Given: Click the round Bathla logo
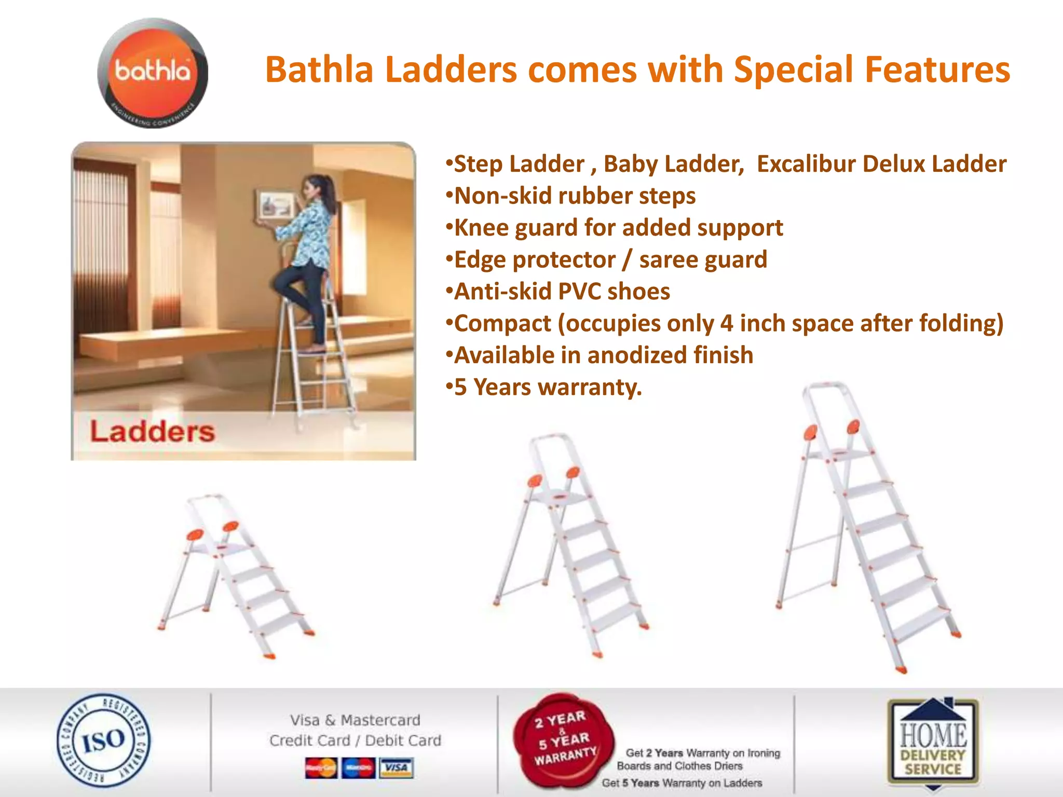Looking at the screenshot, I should pyautogui.click(x=153, y=73).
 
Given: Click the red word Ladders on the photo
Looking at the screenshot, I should pyautogui.click(x=152, y=432).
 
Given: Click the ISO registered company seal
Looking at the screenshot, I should pyautogui.click(x=103, y=740).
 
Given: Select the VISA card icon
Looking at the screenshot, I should pyautogui.click(x=396, y=767).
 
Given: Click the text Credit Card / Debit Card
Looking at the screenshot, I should pyautogui.click(x=355, y=740).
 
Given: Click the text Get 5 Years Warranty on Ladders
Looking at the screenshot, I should pyautogui.click(x=682, y=783).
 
